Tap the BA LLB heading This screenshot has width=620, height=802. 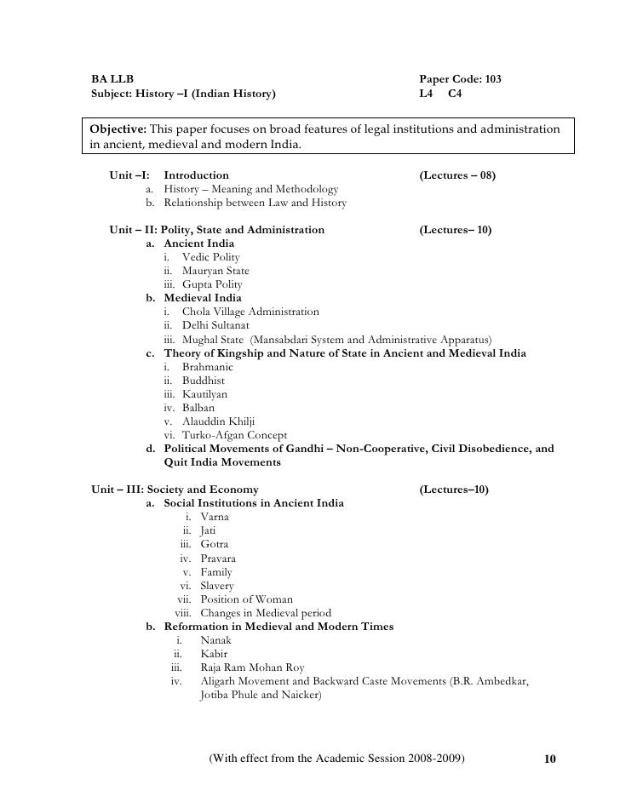(112, 78)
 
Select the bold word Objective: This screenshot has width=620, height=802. (118, 129)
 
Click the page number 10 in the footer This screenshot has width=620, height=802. (549, 759)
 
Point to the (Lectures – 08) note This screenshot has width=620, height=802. (458, 175)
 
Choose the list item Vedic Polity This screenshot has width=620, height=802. (210, 257)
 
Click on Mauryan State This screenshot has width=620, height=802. (215, 271)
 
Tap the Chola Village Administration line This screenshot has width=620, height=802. (250, 312)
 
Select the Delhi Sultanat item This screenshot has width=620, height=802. (215, 326)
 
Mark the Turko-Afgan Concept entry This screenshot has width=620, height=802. (234, 435)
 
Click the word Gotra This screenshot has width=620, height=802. (214, 544)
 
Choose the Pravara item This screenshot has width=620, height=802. (218, 559)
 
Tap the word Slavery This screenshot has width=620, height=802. (216, 586)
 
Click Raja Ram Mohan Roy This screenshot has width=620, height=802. (252, 667)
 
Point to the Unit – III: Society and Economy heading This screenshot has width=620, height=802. (181, 490)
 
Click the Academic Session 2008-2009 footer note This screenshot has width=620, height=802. (337, 758)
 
